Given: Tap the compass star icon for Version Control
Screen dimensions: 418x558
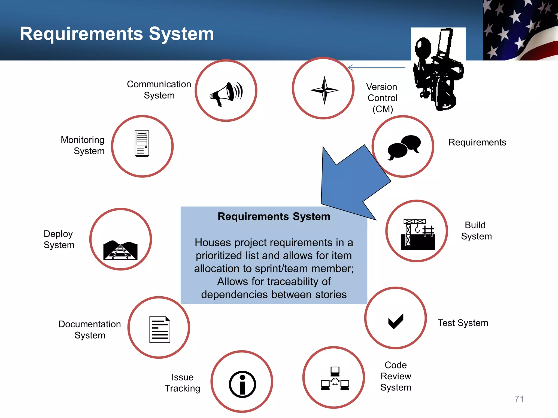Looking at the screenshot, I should pyautogui.click(x=324, y=90).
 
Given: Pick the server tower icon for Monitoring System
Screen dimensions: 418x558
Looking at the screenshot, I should pyautogui.click(x=142, y=143).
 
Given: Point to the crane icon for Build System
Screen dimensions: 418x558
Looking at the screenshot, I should pyautogui.click(x=418, y=234).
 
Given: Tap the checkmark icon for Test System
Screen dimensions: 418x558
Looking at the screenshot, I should pyautogui.click(x=396, y=321).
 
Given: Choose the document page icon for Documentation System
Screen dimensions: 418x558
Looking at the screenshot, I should pyautogui.click(x=160, y=329).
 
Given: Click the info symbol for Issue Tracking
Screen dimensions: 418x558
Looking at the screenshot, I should pyautogui.click(x=242, y=384).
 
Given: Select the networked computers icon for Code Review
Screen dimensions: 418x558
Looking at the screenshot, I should pyautogui.click(x=335, y=378).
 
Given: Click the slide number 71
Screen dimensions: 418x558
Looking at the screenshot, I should pyautogui.click(x=519, y=399).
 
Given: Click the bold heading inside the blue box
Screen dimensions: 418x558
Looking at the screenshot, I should pyautogui.click(x=274, y=217).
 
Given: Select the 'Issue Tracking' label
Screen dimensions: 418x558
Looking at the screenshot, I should pyautogui.click(x=182, y=383).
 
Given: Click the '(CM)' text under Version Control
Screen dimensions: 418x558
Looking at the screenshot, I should pyautogui.click(x=383, y=109).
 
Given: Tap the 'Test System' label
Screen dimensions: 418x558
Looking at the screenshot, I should pyautogui.click(x=463, y=323).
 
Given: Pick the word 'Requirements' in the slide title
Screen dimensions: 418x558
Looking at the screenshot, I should pyautogui.click(x=81, y=34).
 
